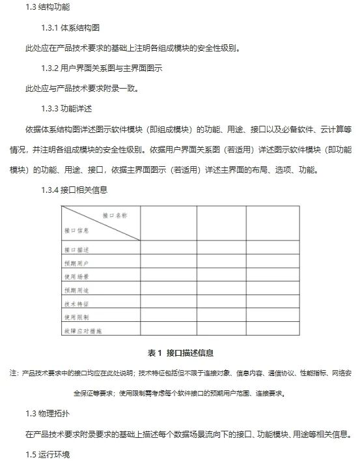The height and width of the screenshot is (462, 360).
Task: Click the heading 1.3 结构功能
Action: coord(48,7)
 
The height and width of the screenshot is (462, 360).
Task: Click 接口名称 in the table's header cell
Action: coord(115,214)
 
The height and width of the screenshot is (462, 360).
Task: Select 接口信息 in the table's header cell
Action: coord(77,230)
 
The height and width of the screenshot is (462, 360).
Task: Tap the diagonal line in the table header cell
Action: coord(101,223)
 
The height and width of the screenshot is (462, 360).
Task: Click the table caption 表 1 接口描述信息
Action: coord(180,353)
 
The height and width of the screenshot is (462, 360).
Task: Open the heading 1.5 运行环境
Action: coord(48,454)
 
